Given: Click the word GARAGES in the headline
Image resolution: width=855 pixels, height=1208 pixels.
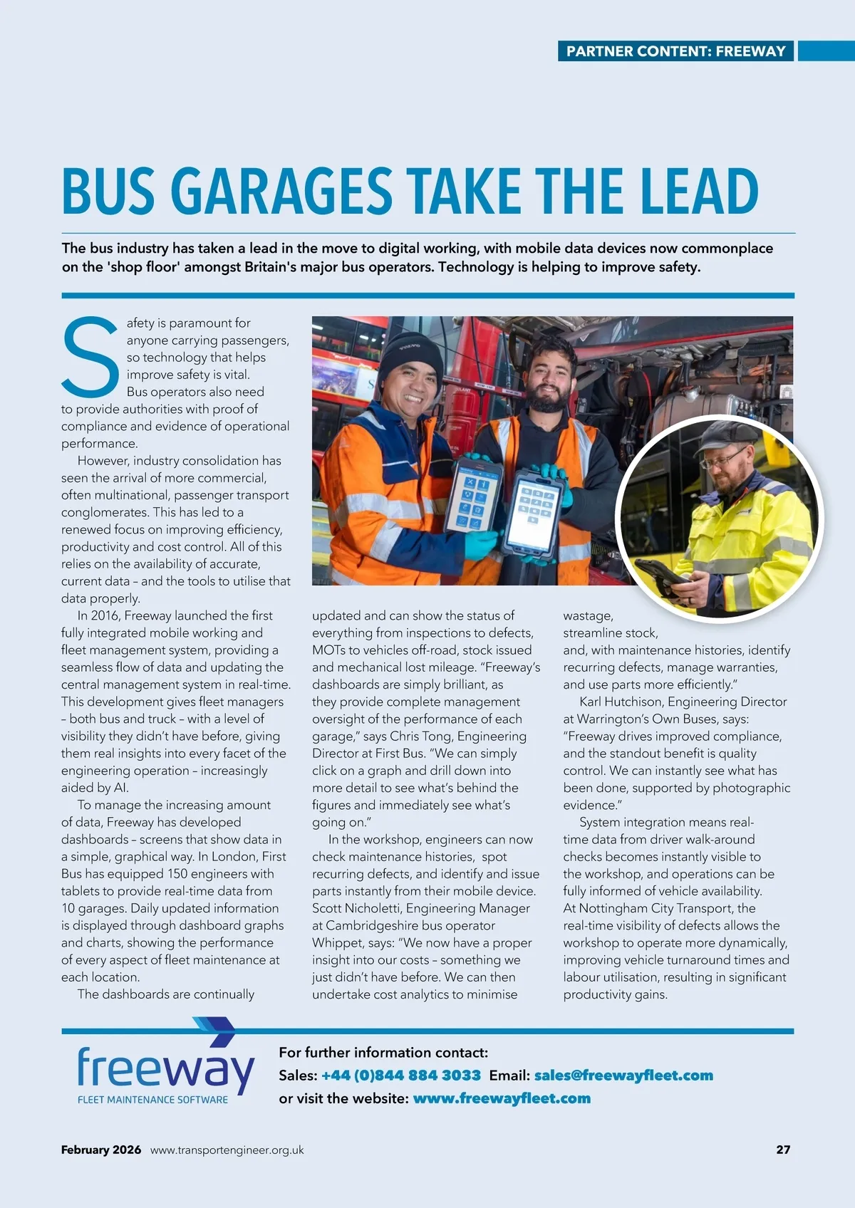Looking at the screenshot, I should (x=281, y=191).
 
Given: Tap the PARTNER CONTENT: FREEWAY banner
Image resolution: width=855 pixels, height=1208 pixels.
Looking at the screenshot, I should (x=675, y=51).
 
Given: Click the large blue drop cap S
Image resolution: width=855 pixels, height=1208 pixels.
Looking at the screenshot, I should (x=90, y=357).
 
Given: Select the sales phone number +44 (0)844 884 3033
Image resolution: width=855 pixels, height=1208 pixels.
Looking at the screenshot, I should (x=401, y=1076).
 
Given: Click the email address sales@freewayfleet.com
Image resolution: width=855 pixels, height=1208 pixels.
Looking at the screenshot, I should (x=623, y=1076).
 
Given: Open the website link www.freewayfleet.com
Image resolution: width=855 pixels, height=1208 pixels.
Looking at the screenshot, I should (x=502, y=1098).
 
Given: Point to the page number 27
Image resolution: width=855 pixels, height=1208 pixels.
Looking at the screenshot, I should (x=783, y=1150).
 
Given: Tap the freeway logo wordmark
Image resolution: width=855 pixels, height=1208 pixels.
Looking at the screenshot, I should (x=165, y=1069).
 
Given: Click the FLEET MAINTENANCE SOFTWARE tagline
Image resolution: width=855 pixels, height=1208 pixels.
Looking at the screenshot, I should (x=152, y=1100).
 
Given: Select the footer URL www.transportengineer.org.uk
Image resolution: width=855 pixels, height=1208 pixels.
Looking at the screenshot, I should (x=227, y=1150).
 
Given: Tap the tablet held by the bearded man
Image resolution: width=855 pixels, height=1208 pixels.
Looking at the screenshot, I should (x=535, y=511).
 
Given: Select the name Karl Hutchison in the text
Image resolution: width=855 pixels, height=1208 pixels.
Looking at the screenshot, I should (x=620, y=702).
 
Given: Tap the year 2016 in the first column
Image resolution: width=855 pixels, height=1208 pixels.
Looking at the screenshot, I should (x=105, y=615).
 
